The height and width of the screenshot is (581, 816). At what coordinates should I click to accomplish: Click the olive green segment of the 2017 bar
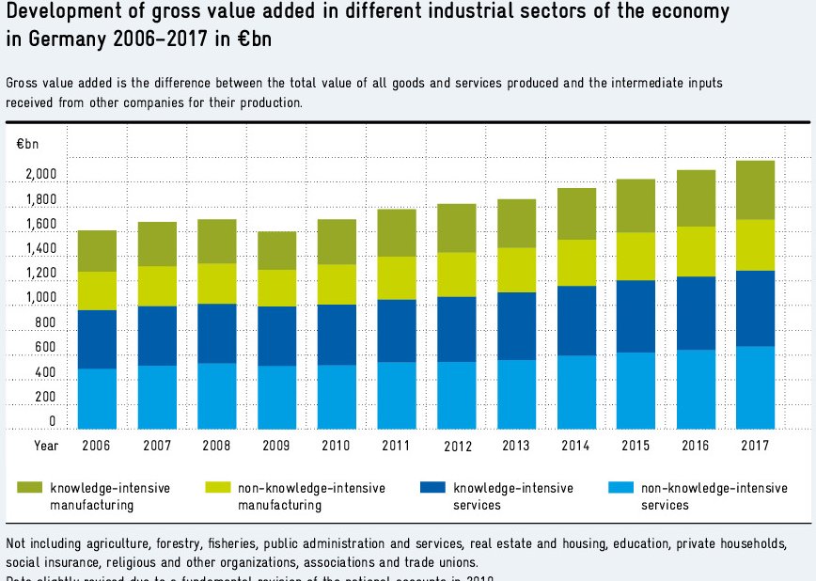tap(755, 190)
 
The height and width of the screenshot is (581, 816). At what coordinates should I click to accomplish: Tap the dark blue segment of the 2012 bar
tap(456, 329)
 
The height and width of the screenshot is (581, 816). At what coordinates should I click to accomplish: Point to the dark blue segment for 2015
tap(636, 316)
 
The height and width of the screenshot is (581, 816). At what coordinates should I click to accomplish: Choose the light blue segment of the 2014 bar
tap(575, 392)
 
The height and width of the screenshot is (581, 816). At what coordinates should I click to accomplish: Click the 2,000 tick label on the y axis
tap(40, 175)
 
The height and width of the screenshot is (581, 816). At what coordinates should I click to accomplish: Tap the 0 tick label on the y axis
tap(53, 422)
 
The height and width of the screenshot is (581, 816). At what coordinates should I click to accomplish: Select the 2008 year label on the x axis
tap(216, 445)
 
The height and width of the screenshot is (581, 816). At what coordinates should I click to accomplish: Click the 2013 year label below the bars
tap(516, 445)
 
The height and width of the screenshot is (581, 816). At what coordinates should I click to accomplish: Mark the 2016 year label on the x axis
tap(696, 445)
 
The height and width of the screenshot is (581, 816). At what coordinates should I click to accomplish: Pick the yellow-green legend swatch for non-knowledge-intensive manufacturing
tap(218, 488)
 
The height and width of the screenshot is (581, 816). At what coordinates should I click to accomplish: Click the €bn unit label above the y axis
tap(27, 144)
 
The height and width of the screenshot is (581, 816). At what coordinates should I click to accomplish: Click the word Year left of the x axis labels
tap(46, 445)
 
